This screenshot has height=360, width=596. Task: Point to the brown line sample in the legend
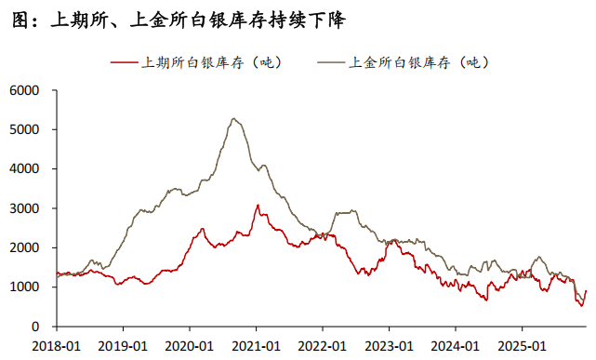coord(331,63)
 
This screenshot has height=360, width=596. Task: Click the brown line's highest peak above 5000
coord(234,119)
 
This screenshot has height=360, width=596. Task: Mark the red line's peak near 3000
coord(258,206)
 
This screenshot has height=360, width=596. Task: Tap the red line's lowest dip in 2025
coord(582,305)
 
